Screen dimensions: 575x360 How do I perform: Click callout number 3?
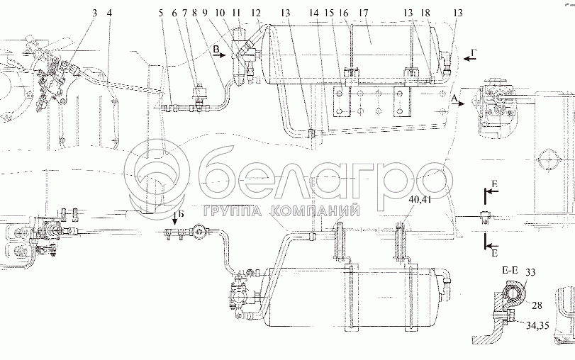95,13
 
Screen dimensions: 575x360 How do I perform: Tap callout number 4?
109,13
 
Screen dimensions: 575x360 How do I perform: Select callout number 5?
161,13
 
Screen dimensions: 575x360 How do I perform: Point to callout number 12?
257,13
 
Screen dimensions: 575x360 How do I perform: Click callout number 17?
364,13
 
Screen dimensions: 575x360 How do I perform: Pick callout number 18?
425,13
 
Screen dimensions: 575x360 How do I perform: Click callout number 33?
530,272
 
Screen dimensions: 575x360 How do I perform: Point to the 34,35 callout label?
537,325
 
